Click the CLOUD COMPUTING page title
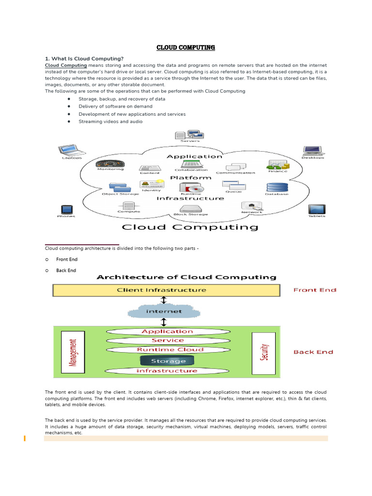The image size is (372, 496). tap(186, 48)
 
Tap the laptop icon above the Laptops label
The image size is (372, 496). tap(68, 150)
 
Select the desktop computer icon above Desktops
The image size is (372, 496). tap(312, 150)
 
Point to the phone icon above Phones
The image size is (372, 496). tap(66, 210)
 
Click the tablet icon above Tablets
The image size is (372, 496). tap(317, 209)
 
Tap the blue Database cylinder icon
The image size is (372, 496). tap(277, 187)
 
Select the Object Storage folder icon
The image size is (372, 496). tap(120, 187)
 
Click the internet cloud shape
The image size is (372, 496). tap(164, 311)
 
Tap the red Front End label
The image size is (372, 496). tap(315, 290)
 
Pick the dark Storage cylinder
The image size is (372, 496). tap(168, 361)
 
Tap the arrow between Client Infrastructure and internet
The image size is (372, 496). tap(164, 300)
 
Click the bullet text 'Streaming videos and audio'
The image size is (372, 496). tap(110, 122)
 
